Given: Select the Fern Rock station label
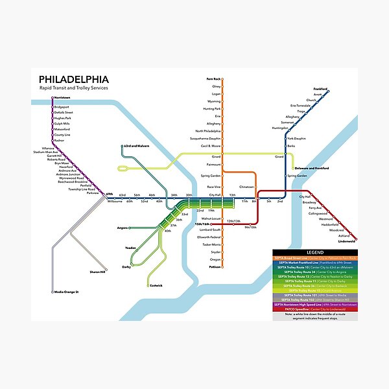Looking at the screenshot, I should (x=214, y=79).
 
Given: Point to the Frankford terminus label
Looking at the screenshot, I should (x=320, y=88).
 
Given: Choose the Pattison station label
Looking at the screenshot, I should (x=215, y=266).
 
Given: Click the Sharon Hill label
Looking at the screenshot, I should (x=98, y=272).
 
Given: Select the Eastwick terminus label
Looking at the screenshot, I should (x=156, y=285).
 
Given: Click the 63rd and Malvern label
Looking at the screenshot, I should (x=137, y=147).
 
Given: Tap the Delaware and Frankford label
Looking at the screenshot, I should (x=311, y=168).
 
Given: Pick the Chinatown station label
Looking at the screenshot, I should (x=246, y=187).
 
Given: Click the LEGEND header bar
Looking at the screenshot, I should (x=314, y=252).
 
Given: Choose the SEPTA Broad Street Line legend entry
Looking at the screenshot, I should (x=314, y=257).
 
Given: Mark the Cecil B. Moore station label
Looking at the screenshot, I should (x=211, y=147).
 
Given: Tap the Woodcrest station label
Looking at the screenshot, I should (x=336, y=230).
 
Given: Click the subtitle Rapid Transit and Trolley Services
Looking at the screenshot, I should (x=73, y=88).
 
